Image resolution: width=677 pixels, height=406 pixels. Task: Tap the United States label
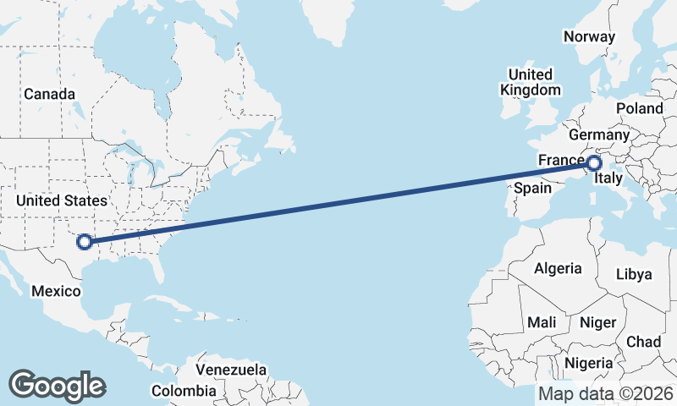62,200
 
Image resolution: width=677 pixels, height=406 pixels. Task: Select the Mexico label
56,291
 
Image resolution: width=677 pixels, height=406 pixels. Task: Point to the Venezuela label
231,370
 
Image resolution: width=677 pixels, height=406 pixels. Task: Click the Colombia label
184,391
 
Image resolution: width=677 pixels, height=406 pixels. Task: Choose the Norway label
589,36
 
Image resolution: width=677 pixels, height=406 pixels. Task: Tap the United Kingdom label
530,82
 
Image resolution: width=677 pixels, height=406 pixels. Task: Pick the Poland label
640,108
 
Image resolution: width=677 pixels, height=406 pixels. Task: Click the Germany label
599,135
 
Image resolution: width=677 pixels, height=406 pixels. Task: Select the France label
561,161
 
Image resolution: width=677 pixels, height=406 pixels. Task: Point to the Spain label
533,188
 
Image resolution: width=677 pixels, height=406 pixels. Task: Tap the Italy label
609,179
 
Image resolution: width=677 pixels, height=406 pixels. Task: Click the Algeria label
558,268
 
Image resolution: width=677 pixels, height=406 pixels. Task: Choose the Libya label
634,274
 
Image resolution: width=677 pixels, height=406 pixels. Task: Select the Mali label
542,322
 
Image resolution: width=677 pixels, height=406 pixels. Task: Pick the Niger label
597,322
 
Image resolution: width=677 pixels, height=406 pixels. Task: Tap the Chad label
644,341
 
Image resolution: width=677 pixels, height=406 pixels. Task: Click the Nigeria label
587,363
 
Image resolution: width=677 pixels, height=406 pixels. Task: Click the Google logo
58,386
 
